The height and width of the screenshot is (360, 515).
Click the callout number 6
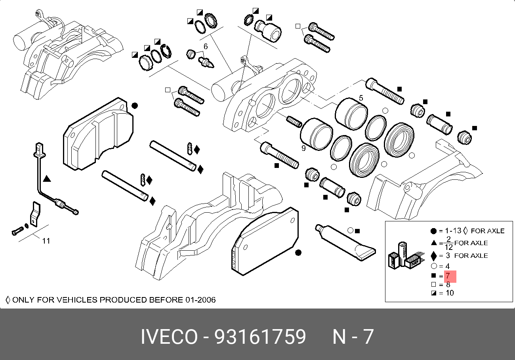pos(206,46)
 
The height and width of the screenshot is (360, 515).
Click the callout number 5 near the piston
pos(361,98)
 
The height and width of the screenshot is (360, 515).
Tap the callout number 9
pos(303,148)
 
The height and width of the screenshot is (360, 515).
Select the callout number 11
pos(46,241)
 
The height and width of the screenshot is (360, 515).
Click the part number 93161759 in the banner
pos(260,337)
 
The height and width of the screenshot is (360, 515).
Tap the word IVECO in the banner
pos(169,337)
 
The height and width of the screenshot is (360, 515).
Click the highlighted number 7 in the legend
pos(448,275)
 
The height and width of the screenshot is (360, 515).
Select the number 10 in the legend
pos(450,293)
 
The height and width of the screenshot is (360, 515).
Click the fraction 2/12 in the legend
pos(448,243)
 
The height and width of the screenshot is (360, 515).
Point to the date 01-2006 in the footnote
pos(199,300)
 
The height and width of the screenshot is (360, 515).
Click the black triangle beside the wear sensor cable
pos(47,179)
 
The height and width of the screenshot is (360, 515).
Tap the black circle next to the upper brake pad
pos(135,106)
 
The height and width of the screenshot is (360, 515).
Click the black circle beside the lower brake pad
pos(298,253)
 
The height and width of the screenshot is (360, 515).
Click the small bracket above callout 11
pos(35,214)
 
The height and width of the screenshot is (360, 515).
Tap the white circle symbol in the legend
pos(434,266)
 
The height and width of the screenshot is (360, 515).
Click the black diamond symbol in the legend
pos(434,255)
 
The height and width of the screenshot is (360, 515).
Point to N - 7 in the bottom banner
pos(353,337)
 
